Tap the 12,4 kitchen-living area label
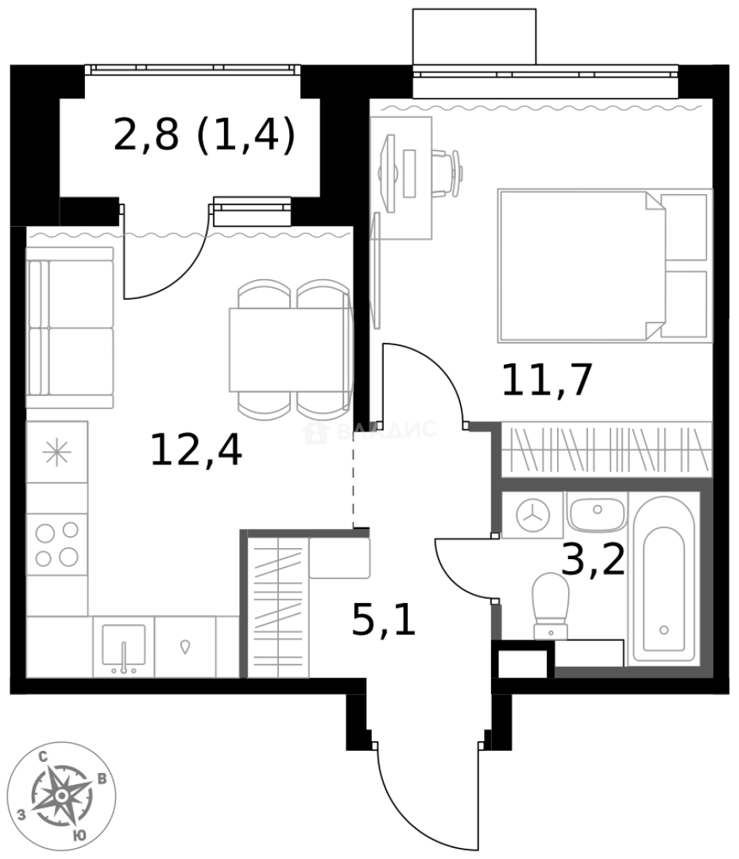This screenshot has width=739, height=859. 195,451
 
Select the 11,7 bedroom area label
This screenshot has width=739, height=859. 547,380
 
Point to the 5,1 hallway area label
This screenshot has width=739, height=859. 384,620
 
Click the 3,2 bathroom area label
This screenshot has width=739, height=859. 593,562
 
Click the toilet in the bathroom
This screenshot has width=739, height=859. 550,604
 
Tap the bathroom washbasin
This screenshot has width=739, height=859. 598,514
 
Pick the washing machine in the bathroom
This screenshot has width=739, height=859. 532,515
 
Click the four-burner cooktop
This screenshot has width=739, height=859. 57,543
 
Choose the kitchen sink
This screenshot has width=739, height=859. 123,646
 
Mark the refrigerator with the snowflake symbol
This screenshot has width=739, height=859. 56,452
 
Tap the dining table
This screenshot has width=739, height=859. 290,349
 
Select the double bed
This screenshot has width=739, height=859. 602,265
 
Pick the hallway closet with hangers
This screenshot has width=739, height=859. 277,606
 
